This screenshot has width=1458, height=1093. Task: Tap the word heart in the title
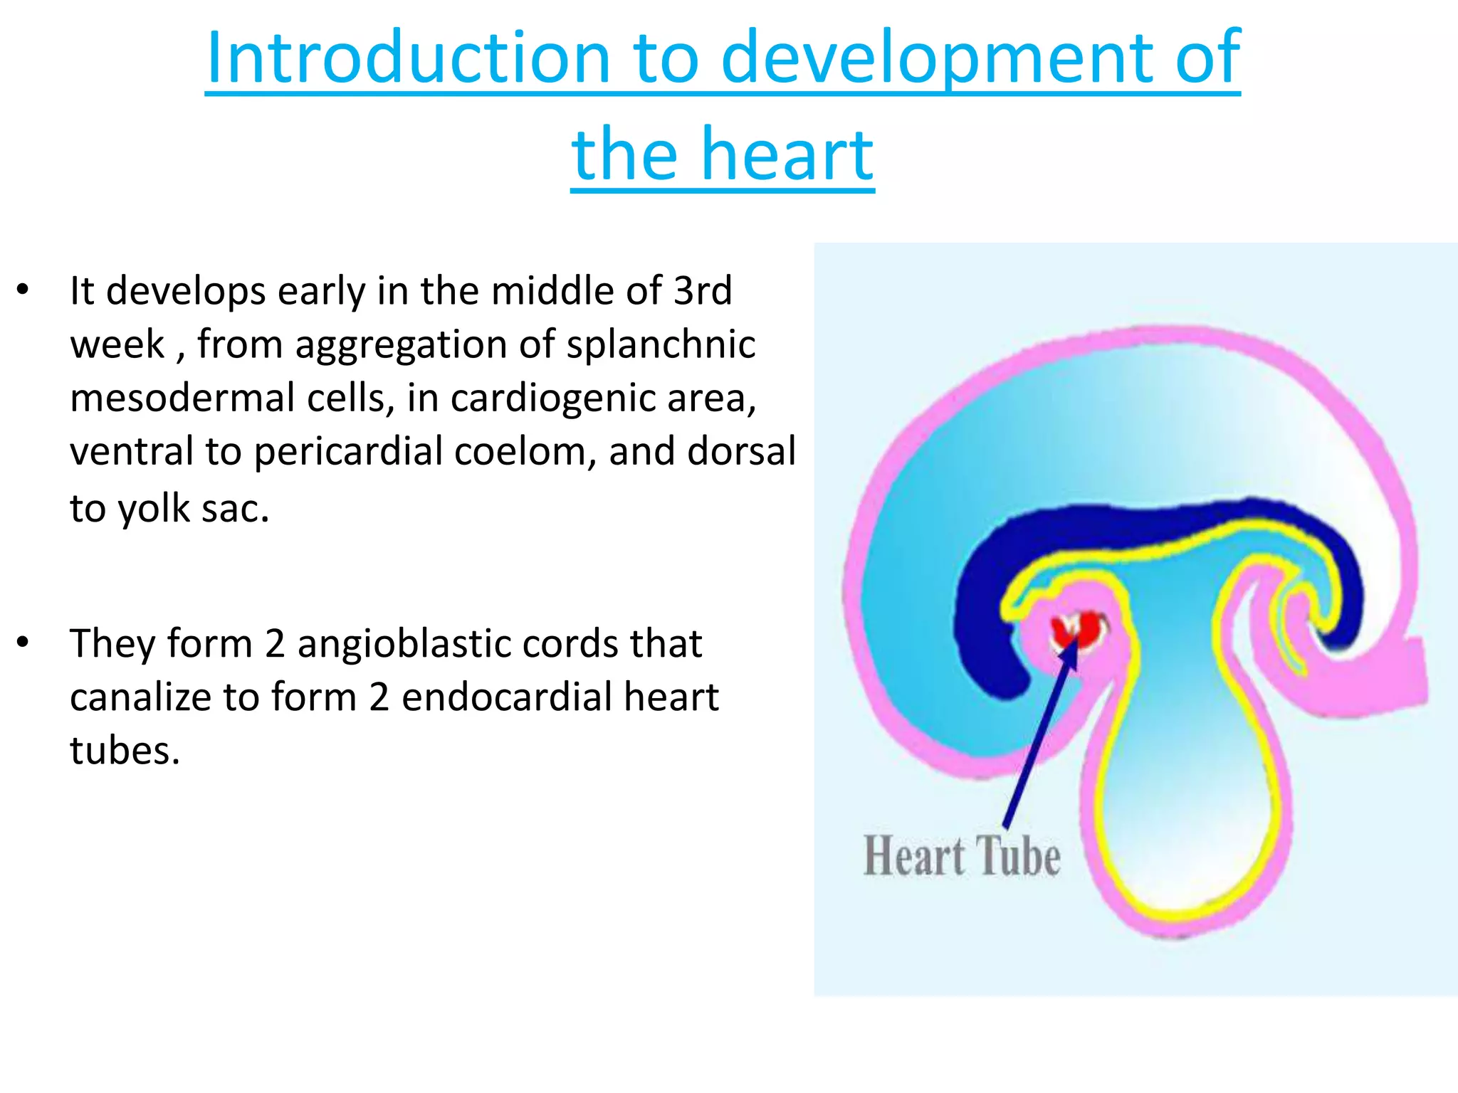coord(787,154)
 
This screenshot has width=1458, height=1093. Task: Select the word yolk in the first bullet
coord(154,509)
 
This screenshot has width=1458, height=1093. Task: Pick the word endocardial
coord(506,697)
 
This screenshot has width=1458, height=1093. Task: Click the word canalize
coord(140,697)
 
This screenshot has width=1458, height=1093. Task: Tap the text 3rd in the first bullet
coord(703,291)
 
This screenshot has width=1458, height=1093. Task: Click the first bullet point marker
coord(23,290)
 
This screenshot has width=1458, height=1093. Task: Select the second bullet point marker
coord(23,643)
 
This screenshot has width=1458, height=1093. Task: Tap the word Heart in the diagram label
coord(914,855)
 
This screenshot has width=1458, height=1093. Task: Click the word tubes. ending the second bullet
coord(125,751)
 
